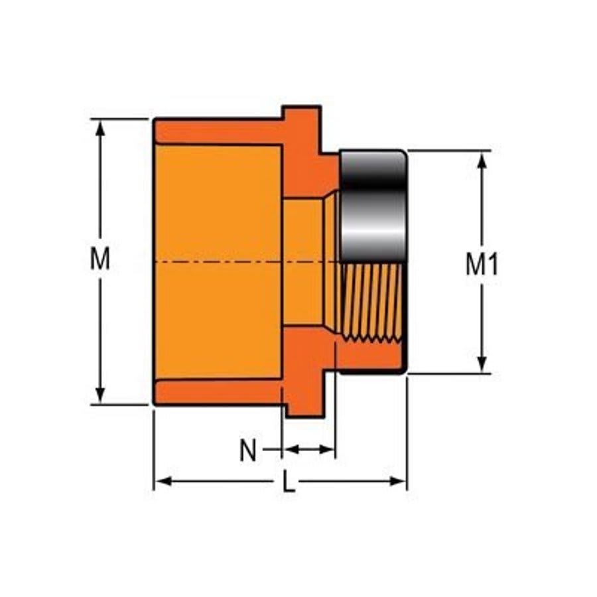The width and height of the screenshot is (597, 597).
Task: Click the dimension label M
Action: pos(100,259)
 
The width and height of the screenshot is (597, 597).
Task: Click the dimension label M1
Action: pos(482,265)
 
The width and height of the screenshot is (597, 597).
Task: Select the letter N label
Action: pos(247,451)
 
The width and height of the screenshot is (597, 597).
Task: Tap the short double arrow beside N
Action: pos(308,450)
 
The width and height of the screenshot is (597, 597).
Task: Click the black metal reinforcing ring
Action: pos(372,206)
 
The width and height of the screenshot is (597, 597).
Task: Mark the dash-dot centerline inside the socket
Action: pos(219,263)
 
